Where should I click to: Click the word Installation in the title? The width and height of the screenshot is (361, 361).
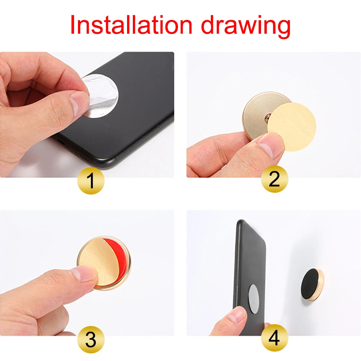pyautogui.click(x=131, y=25)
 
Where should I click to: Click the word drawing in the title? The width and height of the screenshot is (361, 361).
pyautogui.click(x=245, y=26)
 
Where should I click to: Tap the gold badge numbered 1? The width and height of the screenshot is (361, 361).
pyautogui.click(x=91, y=181)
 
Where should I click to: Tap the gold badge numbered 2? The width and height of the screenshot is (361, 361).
pyautogui.click(x=274, y=179)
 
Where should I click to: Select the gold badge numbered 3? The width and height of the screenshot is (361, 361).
pyautogui.click(x=91, y=339)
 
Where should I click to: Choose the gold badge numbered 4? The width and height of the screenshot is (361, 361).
pyautogui.click(x=274, y=338)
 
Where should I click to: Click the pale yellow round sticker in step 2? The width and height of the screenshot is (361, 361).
pyautogui.click(x=292, y=127)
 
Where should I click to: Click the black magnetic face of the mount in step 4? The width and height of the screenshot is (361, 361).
pyautogui.click(x=310, y=284)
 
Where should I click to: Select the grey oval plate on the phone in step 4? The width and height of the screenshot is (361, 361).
pyautogui.click(x=253, y=299)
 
